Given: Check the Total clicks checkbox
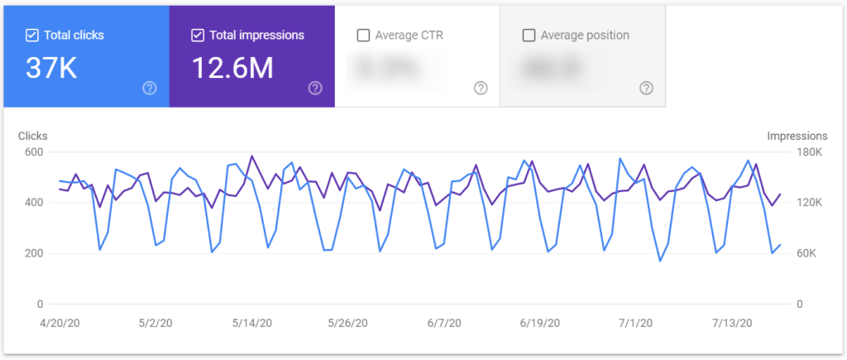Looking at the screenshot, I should click(x=32, y=36).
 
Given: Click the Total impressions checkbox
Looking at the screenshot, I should click(x=198, y=36).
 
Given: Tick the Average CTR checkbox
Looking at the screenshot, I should click(x=363, y=36).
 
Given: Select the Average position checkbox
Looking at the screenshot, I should click(x=529, y=36).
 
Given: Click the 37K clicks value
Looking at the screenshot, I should click(x=51, y=69).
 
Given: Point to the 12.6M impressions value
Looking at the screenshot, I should click(x=232, y=69).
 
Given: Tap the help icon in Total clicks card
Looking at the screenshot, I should click(x=150, y=88).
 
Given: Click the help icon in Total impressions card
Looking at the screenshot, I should click(x=315, y=88).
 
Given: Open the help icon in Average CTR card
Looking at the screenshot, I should click(x=481, y=88).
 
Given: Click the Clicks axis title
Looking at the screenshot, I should click(x=33, y=136).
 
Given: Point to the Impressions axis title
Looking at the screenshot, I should click(x=797, y=136).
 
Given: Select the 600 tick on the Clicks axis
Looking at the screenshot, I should click(x=33, y=152).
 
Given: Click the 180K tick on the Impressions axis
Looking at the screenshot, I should click(x=807, y=152).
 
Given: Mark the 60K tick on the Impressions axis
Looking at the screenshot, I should click(x=807, y=253).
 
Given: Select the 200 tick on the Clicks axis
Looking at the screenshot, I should click(x=33, y=253).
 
